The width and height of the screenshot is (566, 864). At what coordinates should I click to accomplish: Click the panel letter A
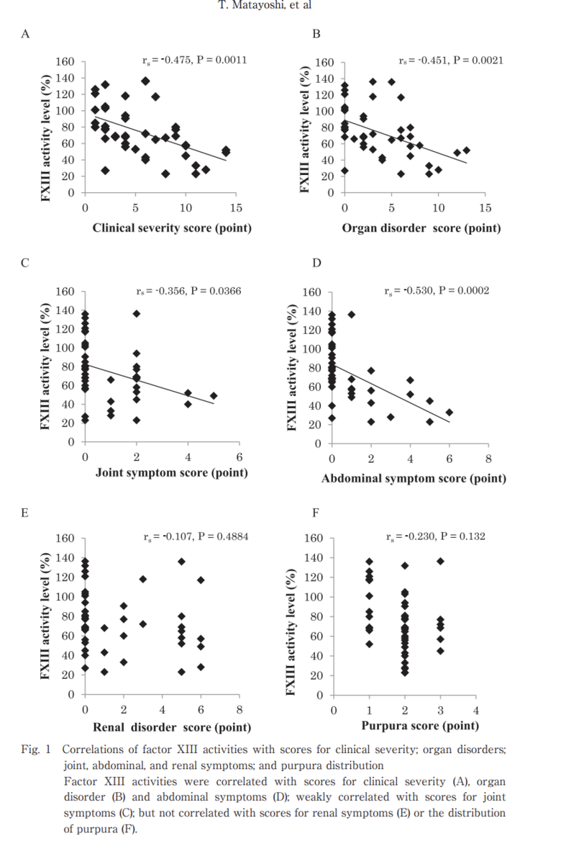coord(25,34)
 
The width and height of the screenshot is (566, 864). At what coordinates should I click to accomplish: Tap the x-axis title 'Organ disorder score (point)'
coord(421,228)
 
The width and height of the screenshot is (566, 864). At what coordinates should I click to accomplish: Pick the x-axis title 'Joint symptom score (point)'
coord(172,473)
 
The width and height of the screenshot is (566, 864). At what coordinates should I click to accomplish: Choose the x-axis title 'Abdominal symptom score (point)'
coord(414,478)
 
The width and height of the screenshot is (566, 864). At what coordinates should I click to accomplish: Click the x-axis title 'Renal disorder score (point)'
coord(172,726)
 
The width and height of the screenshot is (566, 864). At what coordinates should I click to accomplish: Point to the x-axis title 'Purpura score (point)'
coord(420,726)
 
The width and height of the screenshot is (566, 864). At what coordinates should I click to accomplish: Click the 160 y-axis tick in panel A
coord(65,62)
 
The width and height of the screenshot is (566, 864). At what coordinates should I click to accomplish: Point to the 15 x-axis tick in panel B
coord(485,208)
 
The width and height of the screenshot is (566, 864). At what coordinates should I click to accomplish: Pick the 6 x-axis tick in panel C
coord(239,458)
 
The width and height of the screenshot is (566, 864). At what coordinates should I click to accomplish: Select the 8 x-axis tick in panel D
coord(488,459)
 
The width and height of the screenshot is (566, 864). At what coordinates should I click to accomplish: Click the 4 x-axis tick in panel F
coord(475,711)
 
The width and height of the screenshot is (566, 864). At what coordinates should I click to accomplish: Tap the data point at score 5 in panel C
coord(214,395)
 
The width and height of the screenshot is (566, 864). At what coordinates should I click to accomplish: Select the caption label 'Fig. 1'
coord(34,750)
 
